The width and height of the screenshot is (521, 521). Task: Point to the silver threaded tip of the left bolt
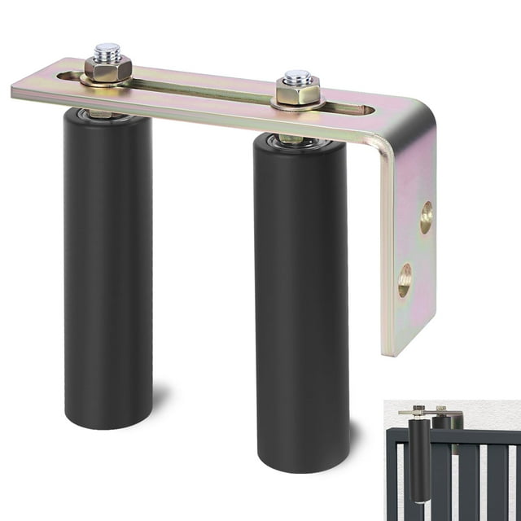(107, 51)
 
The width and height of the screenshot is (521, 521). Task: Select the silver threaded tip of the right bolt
(298, 77)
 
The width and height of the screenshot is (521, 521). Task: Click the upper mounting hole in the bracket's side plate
(426, 217)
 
